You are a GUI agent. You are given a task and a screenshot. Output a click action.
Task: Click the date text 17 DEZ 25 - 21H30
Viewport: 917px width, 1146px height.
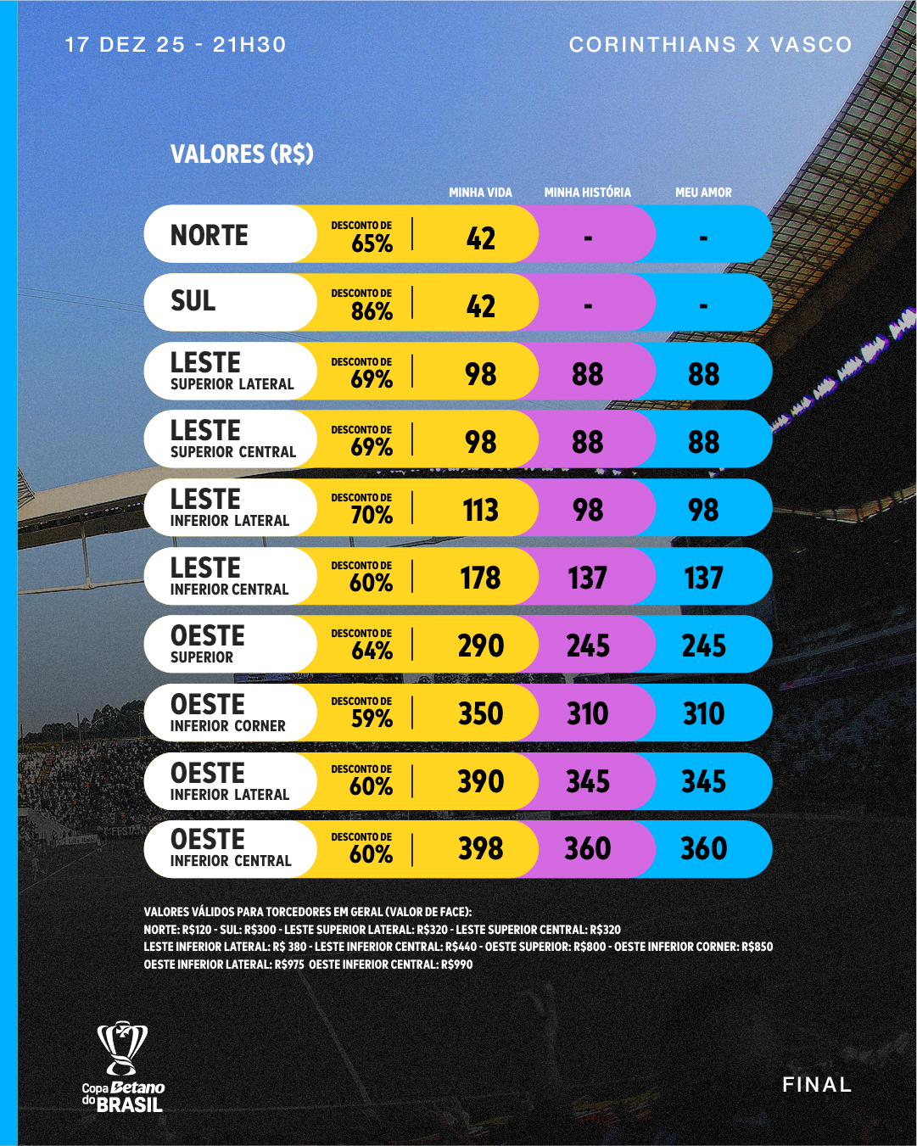coord(176,45)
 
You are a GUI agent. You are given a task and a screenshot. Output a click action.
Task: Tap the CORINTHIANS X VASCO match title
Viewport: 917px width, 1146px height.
coord(710,45)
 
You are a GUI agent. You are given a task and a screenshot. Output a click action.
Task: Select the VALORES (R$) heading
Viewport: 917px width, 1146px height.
coord(242,154)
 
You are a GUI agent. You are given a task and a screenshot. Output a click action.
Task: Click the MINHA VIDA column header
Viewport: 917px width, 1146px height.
coord(480,193)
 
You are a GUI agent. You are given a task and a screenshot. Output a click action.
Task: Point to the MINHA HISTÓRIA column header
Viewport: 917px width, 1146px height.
coord(587,193)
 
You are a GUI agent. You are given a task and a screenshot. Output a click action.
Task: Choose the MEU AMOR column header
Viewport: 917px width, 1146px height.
coord(703,193)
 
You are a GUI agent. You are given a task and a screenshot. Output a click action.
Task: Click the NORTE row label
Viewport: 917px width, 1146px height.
coord(210,235)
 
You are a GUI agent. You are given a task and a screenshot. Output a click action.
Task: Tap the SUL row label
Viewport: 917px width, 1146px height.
coord(193,301)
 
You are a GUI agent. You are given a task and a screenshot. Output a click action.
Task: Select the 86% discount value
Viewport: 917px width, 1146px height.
coord(372,311)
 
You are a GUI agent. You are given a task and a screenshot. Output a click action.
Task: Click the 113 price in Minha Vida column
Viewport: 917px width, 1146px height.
coord(480,511)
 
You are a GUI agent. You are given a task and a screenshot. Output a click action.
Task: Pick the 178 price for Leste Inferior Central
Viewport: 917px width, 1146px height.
coord(480,579)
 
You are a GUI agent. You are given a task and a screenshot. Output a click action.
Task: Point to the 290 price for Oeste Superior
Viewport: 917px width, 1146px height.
coord(480,646)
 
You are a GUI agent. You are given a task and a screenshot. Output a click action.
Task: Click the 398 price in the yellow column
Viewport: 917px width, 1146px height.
coord(480,849)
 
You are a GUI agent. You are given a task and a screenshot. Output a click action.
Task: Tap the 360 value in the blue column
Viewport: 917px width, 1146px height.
coord(703,849)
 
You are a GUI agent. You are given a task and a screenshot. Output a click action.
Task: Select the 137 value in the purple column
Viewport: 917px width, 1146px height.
coord(587,579)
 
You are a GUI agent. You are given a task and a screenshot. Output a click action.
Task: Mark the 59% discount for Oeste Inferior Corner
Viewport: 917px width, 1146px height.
coord(372,718)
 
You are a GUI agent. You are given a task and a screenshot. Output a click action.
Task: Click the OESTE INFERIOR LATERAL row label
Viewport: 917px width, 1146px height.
coord(229,781)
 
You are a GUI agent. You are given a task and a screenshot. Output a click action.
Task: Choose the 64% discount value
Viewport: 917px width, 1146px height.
coord(372,651)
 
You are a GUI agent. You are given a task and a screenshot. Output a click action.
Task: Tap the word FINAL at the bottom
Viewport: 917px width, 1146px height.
coord(816,1085)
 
